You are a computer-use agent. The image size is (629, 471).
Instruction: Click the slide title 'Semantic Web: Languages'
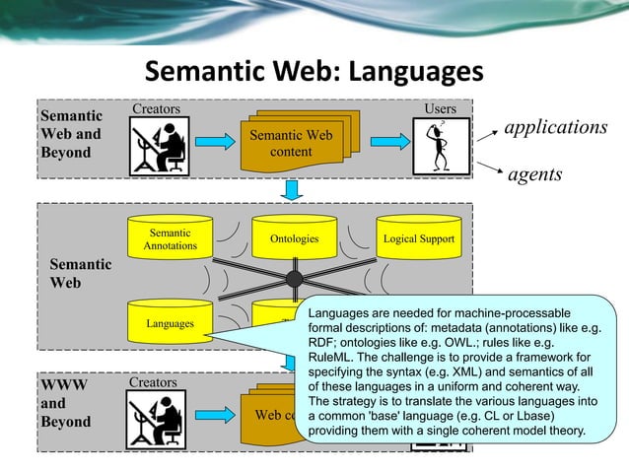(314, 73)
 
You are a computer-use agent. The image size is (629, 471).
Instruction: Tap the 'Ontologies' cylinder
(294, 238)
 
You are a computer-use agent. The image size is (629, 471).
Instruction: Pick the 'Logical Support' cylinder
(418, 238)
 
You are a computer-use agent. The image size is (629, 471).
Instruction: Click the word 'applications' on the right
(555, 128)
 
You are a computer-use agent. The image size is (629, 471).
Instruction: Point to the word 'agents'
(534, 174)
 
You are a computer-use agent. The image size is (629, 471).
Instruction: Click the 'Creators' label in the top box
(157, 107)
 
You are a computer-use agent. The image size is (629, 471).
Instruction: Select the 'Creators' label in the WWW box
(153, 381)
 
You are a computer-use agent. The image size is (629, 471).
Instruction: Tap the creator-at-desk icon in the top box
(158, 146)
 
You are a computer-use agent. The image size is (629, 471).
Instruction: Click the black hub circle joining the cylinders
(294, 279)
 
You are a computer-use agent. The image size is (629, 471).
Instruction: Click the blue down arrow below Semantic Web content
(292, 187)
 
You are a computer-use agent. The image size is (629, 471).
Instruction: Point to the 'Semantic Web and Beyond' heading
(70, 135)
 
